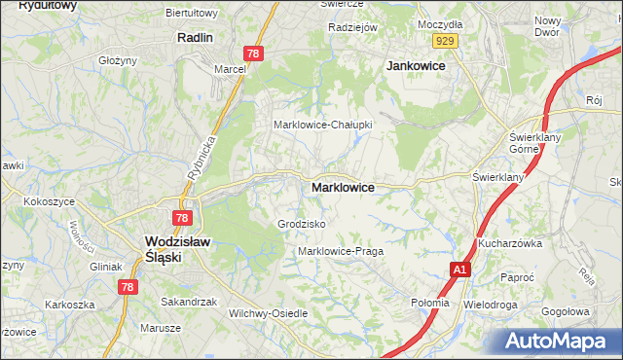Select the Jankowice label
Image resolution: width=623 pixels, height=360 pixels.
coord(416,65)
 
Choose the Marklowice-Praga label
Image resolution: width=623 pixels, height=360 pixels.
coord(341,251)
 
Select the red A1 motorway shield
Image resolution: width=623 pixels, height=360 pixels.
coord(460,269)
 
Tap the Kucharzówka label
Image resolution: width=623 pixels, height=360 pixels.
coord(509,243)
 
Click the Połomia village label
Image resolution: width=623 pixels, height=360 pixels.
coord(430,303)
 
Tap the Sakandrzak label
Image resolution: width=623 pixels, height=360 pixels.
coord(189,302)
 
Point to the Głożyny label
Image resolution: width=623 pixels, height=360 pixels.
coord(118,60)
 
